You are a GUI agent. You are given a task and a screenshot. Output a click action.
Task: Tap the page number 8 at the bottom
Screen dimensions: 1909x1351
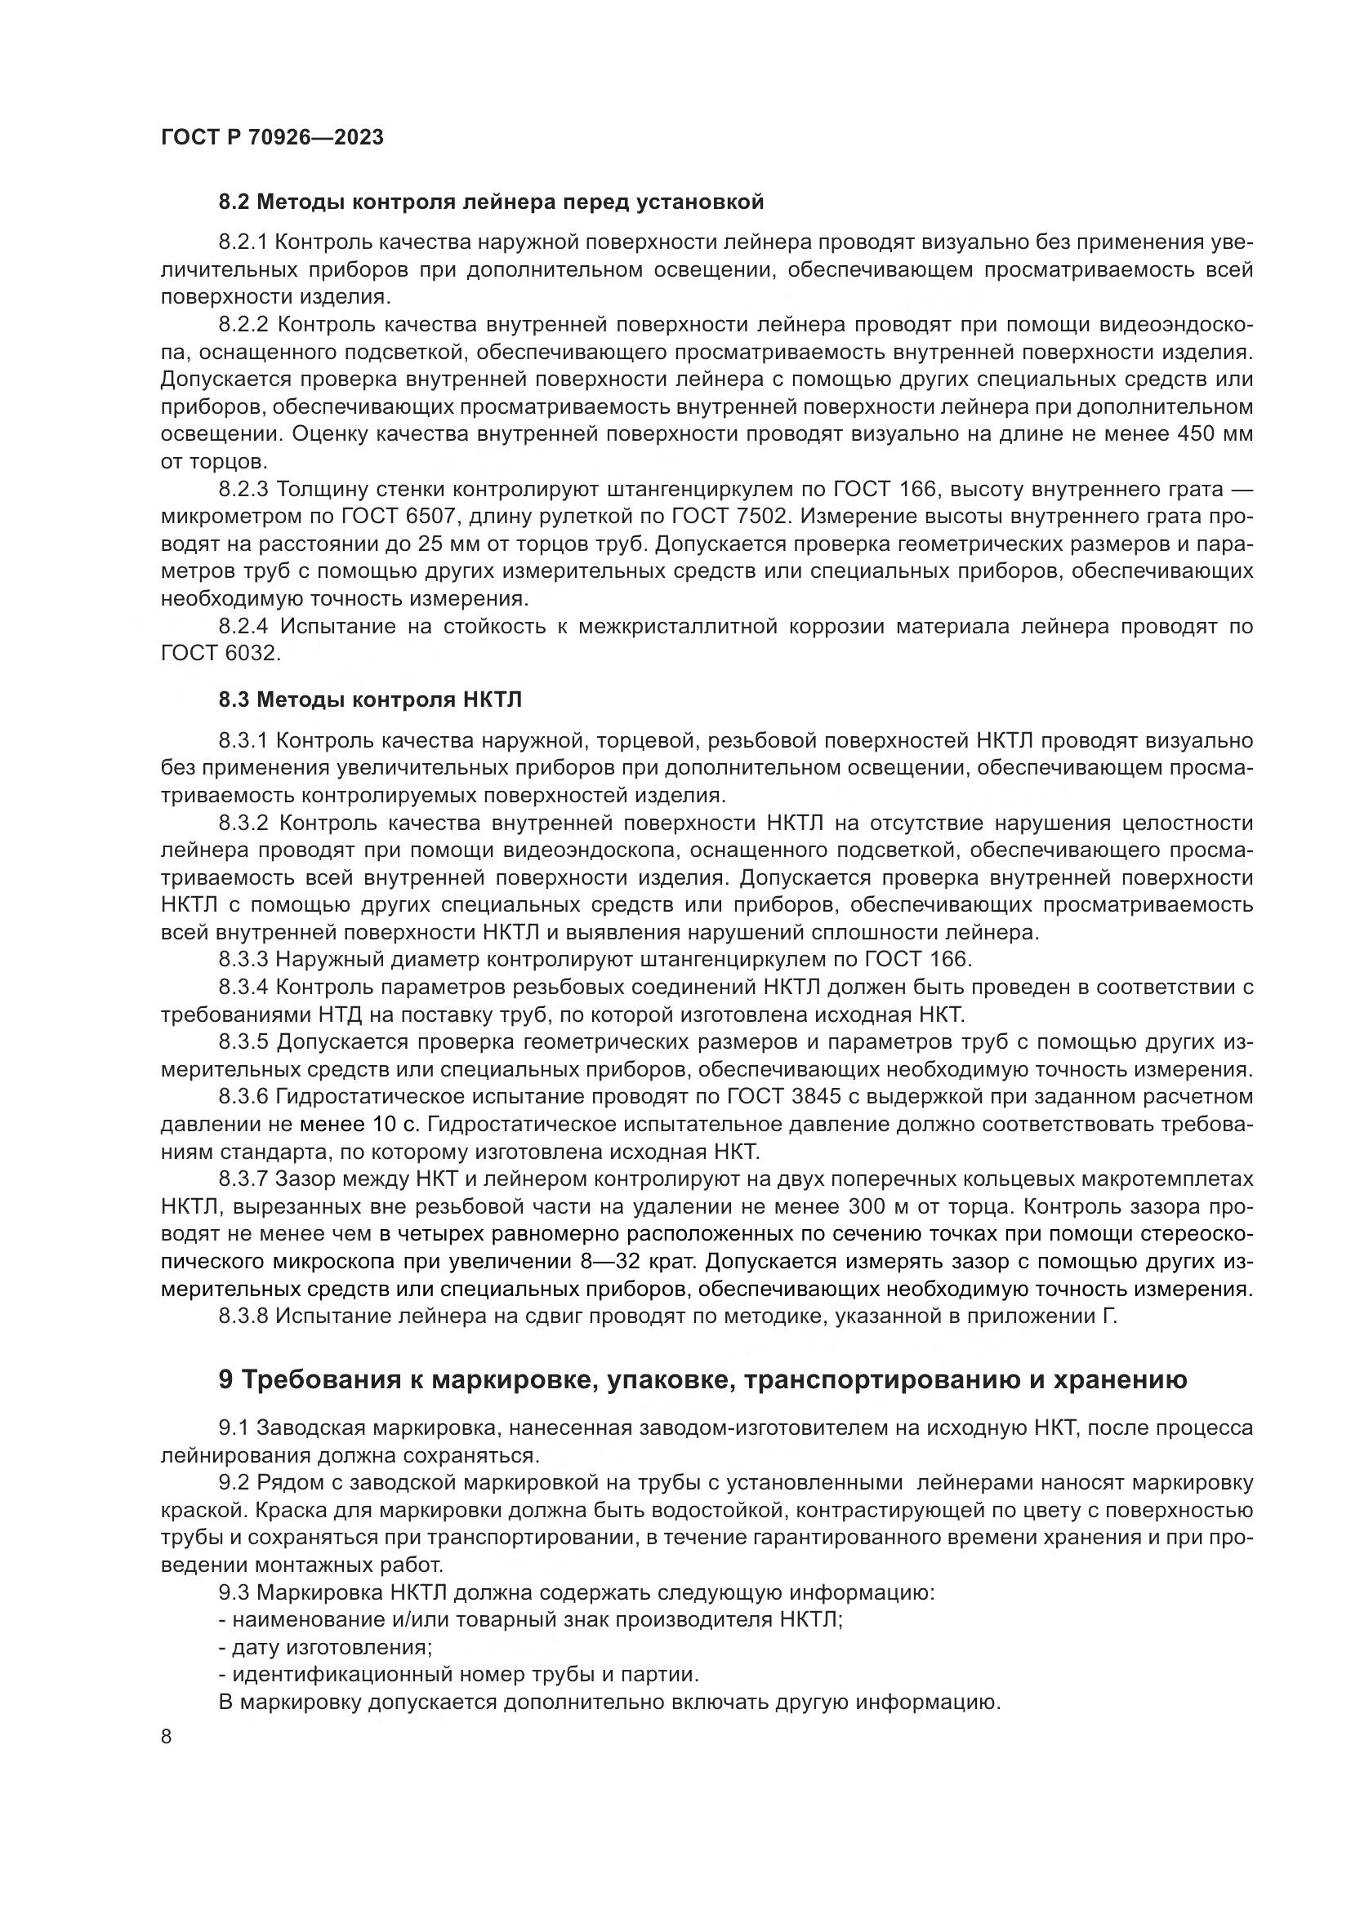click(x=167, y=1736)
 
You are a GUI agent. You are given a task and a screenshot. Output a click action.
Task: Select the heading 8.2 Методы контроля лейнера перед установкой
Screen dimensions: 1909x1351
click(x=491, y=202)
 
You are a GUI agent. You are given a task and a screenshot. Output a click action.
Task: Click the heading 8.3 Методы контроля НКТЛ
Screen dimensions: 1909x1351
click(x=370, y=699)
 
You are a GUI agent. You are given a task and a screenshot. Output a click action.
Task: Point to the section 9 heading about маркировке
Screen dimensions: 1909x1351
click(x=702, y=1379)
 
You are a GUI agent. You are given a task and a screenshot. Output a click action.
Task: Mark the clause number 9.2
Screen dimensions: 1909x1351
click(x=234, y=1482)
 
